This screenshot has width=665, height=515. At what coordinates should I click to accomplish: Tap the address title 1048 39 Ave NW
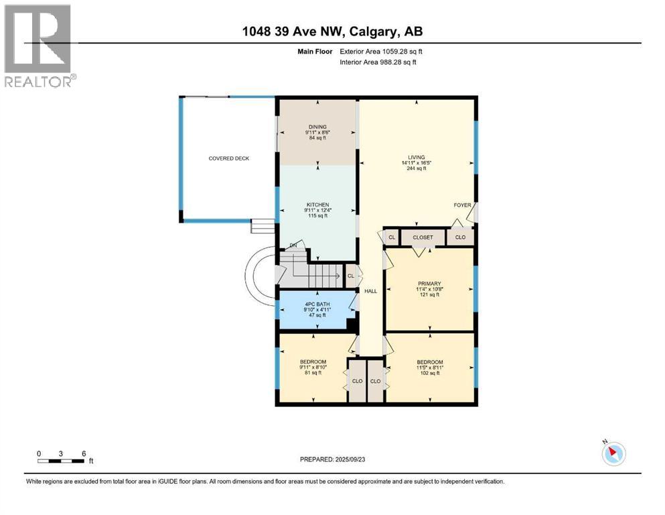[x=332, y=32]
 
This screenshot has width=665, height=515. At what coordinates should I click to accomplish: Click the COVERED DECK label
[x=228, y=158]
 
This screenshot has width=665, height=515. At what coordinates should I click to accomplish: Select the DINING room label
[x=317, y=126]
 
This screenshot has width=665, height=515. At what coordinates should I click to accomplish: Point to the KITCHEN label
[x=317, y=205]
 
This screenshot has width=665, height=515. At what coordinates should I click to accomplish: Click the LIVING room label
[x=417, y=158]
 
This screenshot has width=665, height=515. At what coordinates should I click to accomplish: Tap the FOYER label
[x=462, y=205]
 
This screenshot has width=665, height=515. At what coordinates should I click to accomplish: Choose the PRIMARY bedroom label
[x=429, y=284]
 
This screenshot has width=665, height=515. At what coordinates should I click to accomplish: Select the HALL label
[x=370, y=291]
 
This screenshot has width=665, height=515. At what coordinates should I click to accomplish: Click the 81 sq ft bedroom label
[x=313, y=362]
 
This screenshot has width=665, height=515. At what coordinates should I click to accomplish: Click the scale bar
[x=62, y=460]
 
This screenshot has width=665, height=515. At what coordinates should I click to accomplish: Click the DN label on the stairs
[x=293, y=245]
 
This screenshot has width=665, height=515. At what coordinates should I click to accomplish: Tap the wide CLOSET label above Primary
[x=423, y=237]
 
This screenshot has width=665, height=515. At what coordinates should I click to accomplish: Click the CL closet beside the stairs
[x=350, y=275]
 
